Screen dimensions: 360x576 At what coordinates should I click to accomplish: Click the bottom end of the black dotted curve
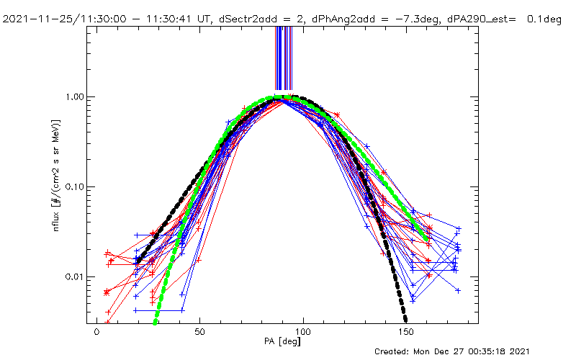point(405,319)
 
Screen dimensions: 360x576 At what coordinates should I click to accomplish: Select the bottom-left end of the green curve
point(154,322)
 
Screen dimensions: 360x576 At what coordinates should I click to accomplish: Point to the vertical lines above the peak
point(283,58)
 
